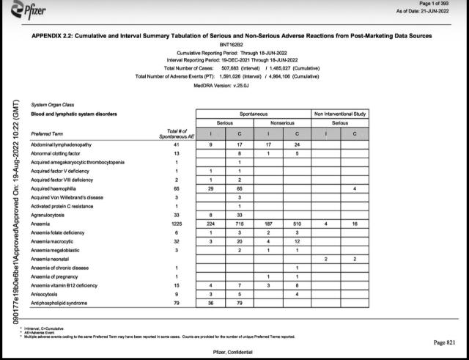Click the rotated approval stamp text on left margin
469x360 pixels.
(14, 212)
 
